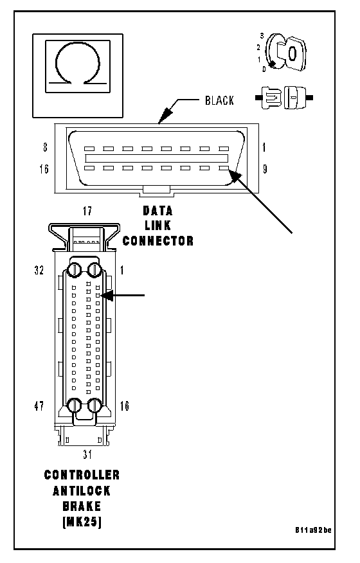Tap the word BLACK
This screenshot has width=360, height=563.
(x=219, y=100)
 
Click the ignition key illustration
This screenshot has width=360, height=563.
(x=286, y=53)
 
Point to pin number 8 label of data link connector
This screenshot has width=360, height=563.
(x=45, y=147)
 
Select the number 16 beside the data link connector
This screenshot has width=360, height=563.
(x=44, y=169)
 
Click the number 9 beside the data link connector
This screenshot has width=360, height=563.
(x=265, y=169)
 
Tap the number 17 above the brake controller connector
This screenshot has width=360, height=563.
(x=87, y=211)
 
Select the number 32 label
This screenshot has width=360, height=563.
(x=39, y=270)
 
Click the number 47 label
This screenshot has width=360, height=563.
(x=39, y=406)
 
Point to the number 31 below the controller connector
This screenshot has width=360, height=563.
(x=87, y=454)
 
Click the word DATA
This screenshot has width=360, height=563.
(x=157, y=210)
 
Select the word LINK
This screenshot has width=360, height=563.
(x=157, y=226)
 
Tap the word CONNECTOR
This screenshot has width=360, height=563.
(x=158, y=240)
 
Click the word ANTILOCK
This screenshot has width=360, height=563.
(x=82, y=490)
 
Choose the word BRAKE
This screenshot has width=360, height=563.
(x=82, y=506)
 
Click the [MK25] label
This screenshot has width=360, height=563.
(x=82, y=522)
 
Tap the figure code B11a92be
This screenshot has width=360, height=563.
(x=313, y=530)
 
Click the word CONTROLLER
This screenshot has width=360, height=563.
(x=82, y=475)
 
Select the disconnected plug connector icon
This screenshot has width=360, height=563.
(x=284, y=97)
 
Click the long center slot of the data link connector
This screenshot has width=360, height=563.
(x=157, y=158)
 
